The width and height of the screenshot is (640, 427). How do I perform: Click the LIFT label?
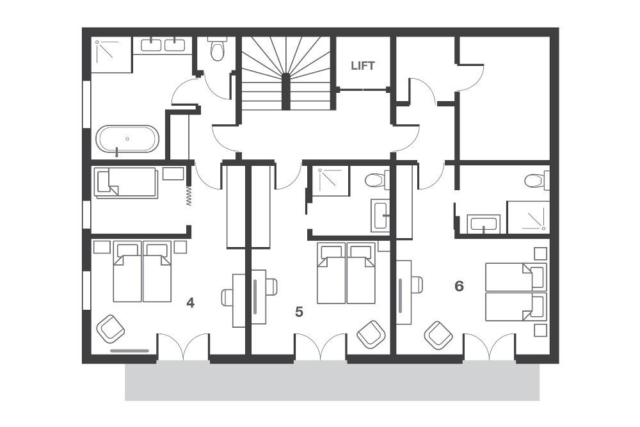pos(362,65)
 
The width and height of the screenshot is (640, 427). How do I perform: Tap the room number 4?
pos(190,302)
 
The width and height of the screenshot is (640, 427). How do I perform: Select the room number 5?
pos(299,312)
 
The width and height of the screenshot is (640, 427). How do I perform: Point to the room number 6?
pos(459,286)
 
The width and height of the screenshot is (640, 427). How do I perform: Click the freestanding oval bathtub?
pos(127,139)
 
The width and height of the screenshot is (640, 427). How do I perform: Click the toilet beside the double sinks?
pos(218,49)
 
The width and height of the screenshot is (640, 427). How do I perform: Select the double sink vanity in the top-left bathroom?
pos(162,45)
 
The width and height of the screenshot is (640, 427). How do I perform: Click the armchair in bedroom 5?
pos(371,334)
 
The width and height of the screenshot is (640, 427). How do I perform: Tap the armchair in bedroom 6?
pos(438,334)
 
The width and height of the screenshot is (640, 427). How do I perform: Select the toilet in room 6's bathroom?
pos(535,181)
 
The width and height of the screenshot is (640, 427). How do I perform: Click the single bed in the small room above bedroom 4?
pos(126,182)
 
